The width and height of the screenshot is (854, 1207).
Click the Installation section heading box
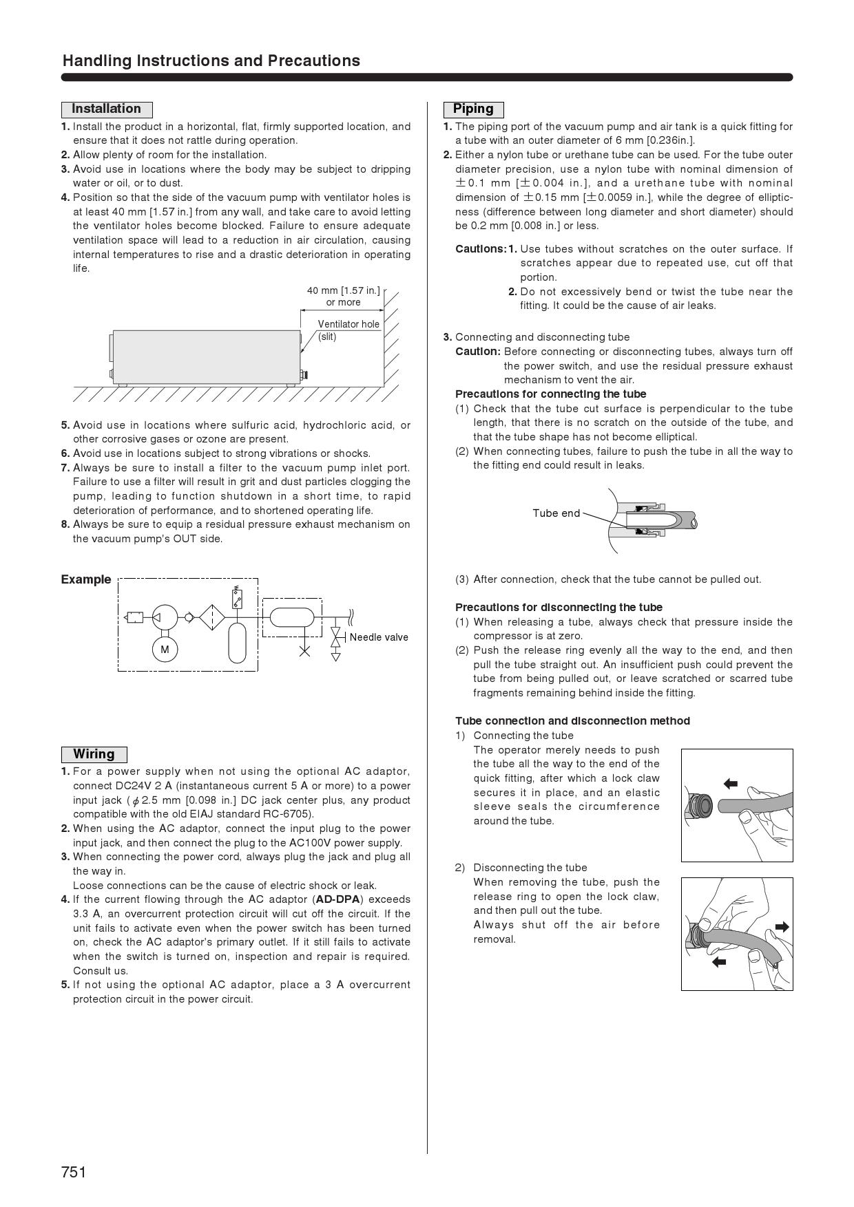pyautogui.click(x=106, y=109)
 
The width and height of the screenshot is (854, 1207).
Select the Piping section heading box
pyautogui.click(x=473, y=109)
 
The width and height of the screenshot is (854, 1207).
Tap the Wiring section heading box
pyautogui.click(x=94, y=754)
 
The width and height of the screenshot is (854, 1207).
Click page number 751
pyautogui.click(x=74, y=1172)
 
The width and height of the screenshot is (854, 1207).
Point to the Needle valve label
pyautogui.click(x=379, y=637)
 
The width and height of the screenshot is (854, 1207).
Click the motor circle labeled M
pyautogui.click(x=165, y=650)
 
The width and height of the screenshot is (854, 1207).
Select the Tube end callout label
pyautogui.click(x=556, y=513)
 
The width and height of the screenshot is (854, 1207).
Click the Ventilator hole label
pyautogui.click(x=348, y=324)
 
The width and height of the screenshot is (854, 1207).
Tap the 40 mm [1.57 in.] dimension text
pyautogui.click(x=343, y=290)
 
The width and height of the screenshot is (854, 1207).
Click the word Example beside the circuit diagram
pyautogui.click(x=85, y=579)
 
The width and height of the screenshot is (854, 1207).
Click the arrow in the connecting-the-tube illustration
pyautogui.click(x=731, y=783)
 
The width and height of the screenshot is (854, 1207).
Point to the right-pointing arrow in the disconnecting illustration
pyautogui.click(x=782, y=927)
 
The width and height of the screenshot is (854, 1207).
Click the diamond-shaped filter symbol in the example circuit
pyautogui.click(x=212, y=617)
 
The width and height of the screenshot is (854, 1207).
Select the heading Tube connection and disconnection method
pyautogui.click(x=572, y=721)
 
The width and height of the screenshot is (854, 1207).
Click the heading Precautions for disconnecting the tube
pyautogui.click(x=559, y=608)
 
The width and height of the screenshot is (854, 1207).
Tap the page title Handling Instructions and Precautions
pyautogui.click(x=211, y=61)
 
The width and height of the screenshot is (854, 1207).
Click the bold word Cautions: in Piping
pyautogui.click(x=481, y=249)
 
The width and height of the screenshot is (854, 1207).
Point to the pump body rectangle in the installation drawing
pyautogui.click(x=206, y=356)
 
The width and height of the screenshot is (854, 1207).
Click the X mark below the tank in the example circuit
pyautogui.click(x=304, y=650)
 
